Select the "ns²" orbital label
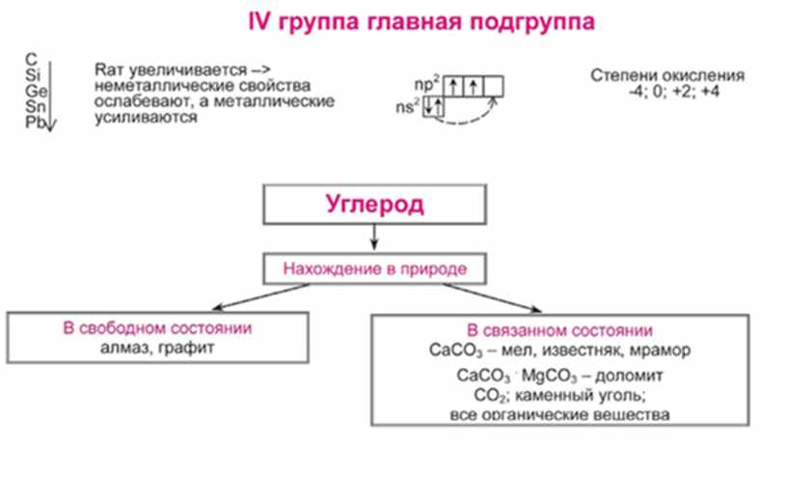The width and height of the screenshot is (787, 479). tap(412, 107)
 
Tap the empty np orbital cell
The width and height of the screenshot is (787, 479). tap(493, 83)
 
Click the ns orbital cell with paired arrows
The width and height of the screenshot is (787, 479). tap(434, 106)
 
